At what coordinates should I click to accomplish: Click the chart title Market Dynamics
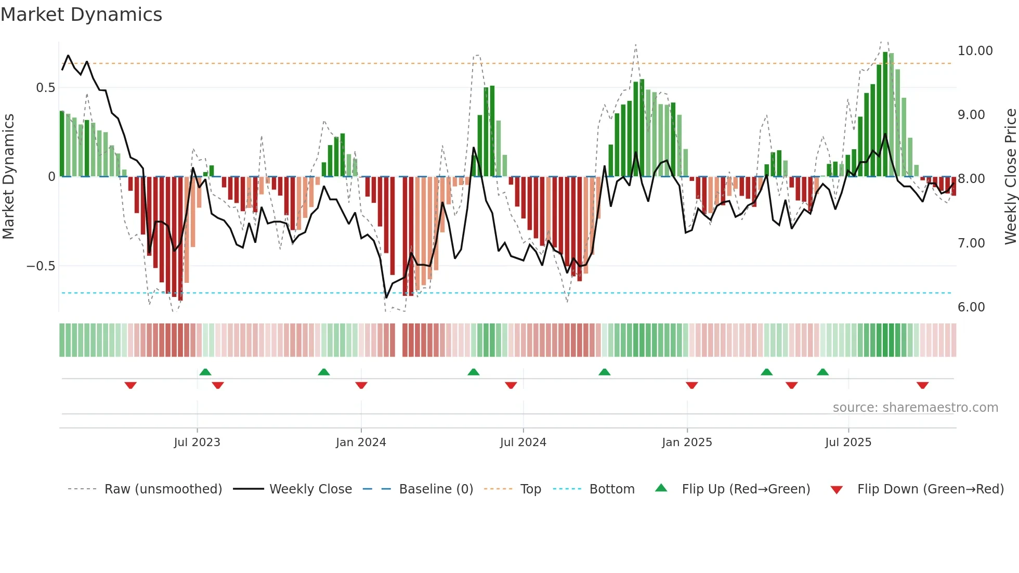(x=81, y=15)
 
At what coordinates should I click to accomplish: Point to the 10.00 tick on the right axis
(x=975, y=51)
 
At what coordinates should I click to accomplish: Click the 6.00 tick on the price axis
(x=971, y=307)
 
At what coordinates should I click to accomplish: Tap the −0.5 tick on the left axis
(x=41, y=266)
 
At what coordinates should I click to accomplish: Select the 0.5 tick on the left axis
(x=45, y=88)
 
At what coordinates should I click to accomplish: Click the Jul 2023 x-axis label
(x=197, y=442)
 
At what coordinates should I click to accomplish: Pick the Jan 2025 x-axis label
(x=687, y=442)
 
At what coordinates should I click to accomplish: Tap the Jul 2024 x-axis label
(x=523, y=442)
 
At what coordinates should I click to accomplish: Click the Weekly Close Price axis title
(x=1010, y=177)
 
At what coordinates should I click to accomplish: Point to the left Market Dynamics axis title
(x=8, y=177)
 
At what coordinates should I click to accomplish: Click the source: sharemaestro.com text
(x=915, y=408)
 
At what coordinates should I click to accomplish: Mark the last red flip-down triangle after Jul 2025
(x=922, y=385)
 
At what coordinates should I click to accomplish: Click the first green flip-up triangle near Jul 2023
(x=205, y=372)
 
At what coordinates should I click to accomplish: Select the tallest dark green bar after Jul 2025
(x=885, y=114)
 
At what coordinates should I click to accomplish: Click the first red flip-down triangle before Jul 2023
(x=130, y=385)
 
